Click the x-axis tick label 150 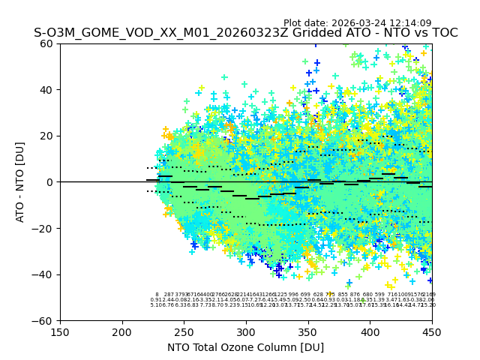point(60,331)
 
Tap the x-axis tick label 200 point(122,331)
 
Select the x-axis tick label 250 point(184,331)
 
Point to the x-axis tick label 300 point(246,331)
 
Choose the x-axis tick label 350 point(308,331)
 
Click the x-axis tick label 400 point(370,331)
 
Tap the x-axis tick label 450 point(432,331)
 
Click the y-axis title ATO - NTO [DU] point(21,182)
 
